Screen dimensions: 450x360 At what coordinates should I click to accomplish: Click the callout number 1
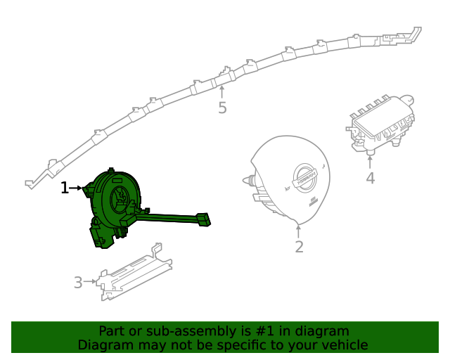(x=64, y=188)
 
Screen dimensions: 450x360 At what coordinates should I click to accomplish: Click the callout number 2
(x=299, y=247)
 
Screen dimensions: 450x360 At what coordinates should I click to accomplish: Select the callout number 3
(x=77, y=283)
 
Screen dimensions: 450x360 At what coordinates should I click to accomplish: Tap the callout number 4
(x=370, y=179)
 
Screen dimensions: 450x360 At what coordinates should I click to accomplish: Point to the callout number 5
(x=222, y=108)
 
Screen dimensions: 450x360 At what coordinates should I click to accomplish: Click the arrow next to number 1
(x=75, y=188)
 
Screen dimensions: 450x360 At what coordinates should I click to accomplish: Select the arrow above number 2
(x=299, y=231)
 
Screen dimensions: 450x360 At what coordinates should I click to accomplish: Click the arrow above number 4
(x=370, y=160)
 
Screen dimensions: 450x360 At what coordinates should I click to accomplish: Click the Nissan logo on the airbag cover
(x=306, y=176)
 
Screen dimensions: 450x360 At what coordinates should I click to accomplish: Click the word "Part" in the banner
(x=111, y=331)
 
